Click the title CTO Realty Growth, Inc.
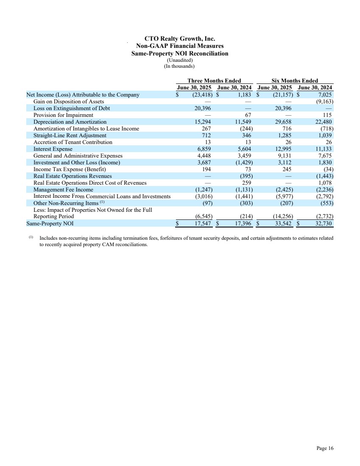tap(180, 39)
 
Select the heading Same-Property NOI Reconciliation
tap(180, 53)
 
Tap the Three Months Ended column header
tap(214, 81)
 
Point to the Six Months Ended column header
tap(294, 81)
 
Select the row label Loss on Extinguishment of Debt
tap(72, 108)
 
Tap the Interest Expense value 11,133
tap(323, 149)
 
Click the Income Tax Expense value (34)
tap(327, 169)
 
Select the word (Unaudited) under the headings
tap(180, 60)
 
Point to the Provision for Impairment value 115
tap(326, 115)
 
